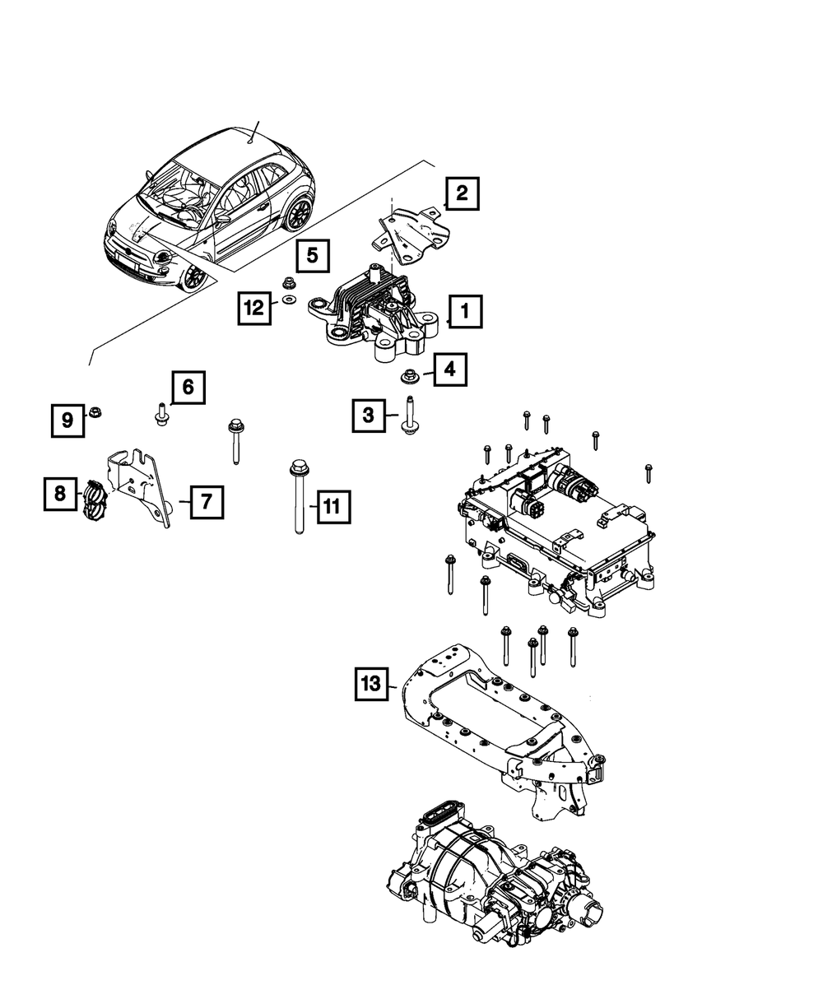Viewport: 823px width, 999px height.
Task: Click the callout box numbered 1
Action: pyautogui.click(x=465, y=312)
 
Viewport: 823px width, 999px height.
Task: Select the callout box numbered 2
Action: pyautogui.click(x=462, y=194)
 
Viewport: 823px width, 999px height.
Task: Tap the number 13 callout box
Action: pyautogui.click(x=373, y=684)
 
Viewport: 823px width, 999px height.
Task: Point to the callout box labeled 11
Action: pyautogui.click(x=331, y=507)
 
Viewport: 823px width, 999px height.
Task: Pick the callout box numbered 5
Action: pyautogui.click(x=313, y=255)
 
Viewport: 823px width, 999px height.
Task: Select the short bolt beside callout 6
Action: pyautogui.click(x=160, y=415)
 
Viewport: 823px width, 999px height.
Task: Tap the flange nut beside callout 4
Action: pyautogui.click(x=407, y=378)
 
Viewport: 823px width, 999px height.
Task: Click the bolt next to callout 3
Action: pyautogui.click(x=407, y=415)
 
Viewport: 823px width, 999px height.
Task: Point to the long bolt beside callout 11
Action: pyautogui.click(x=295, y=498)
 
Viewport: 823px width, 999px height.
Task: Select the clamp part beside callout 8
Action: pyautogui.click(x=94, y=499)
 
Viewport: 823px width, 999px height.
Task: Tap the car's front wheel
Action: pyautogui.click(x=194, y=276)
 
